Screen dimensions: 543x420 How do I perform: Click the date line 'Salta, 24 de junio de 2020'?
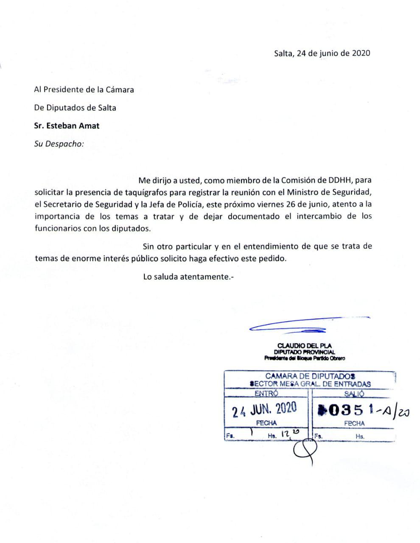click(322, 53)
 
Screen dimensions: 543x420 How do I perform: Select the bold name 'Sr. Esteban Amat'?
click(67, 126)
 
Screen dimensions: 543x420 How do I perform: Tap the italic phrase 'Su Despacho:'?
click(59, 143)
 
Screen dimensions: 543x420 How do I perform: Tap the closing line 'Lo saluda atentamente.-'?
click(188, 277)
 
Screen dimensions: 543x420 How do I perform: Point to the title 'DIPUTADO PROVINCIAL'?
click(304, 352)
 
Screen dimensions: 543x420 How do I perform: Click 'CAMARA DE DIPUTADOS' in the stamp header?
click(310, 376)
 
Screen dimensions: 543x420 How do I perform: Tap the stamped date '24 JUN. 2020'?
click(265, 409)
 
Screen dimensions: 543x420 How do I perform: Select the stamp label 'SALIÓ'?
click(354, 393)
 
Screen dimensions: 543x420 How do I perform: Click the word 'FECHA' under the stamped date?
click(266, 423)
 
